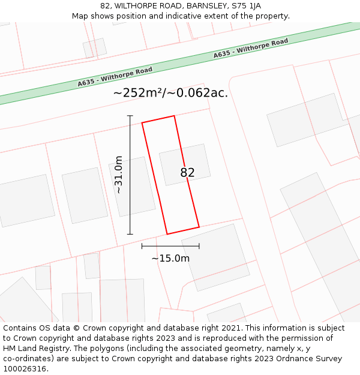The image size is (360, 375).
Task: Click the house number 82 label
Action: pyautogui.click(x=187, y=173)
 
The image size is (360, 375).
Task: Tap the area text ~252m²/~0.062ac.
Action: pyautogui.click(x=170, y=93)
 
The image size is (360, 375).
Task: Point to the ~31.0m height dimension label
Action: pyautogui.click(x=119, y=174)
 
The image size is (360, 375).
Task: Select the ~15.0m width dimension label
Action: pyautogui.click(x=170, y=259)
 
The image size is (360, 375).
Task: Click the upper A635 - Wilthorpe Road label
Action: pyautogui.click(x=251, y=49)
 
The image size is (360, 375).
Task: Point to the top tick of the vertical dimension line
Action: pyautogui.click(x=130, y=115)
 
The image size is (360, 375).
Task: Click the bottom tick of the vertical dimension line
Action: pyautogui.click(x=130, y=234)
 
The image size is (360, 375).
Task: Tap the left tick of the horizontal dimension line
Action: pyautogui.click(x=142, y=246)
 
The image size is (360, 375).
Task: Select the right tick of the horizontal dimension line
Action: pyautogui.click(x=199, y=246)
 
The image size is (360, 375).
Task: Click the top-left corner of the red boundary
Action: pyautogui.click(x=142, y=123)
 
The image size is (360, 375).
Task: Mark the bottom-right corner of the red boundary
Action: pyautogui.click(x=199, y=227)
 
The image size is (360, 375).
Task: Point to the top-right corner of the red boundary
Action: pyautogui.click(x=174, y=116)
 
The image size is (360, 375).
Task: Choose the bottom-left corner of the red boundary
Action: pyautogui.click(x=167, y=234)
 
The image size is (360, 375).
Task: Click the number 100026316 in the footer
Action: pyautogui.click(x=25, y=369)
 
